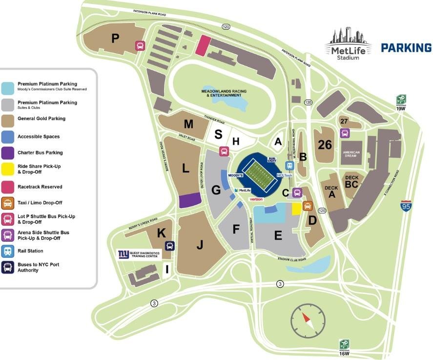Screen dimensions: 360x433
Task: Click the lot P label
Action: (x=115, y=38)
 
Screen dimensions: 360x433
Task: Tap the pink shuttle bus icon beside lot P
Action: (x=140, y=46)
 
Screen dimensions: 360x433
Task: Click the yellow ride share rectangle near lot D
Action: (x=296, y=209)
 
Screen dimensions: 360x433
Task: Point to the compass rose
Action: (x=307, y=320)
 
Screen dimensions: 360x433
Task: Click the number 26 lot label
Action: (x=325, y=145)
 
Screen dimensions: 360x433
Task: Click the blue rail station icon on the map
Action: (x=289, y=165)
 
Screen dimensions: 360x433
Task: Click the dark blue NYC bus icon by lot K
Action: (x=170, y=246)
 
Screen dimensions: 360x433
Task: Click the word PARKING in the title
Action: (x=406, y=48)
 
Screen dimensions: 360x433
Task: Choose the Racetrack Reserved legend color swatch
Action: (x=8, y=187)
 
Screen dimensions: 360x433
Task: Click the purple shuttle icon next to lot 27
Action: (x=345, y=133)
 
